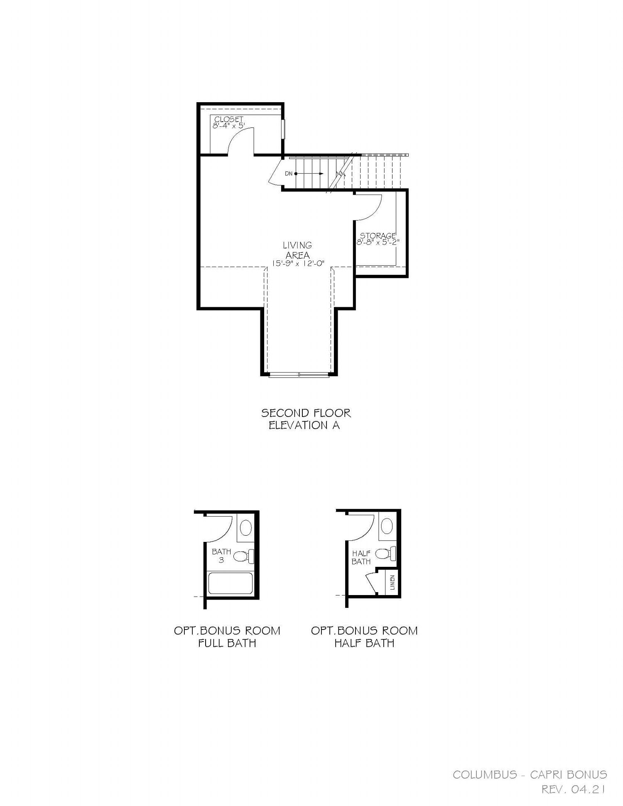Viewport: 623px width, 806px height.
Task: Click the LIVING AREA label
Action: (x=297, y=250)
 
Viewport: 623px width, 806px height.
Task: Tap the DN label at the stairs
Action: (x=289, y=174)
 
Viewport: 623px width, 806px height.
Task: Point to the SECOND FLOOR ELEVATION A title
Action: (x=306, y=419)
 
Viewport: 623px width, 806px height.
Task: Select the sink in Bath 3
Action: (x=246, y=528)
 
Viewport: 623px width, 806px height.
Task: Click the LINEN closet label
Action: (x=392, y=582)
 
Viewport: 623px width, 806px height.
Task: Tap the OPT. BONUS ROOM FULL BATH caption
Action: (x=227, y=637)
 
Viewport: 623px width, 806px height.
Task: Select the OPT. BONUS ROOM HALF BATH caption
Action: (x=364, y=637)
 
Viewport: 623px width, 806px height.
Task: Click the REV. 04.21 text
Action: (x=574, y=789)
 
